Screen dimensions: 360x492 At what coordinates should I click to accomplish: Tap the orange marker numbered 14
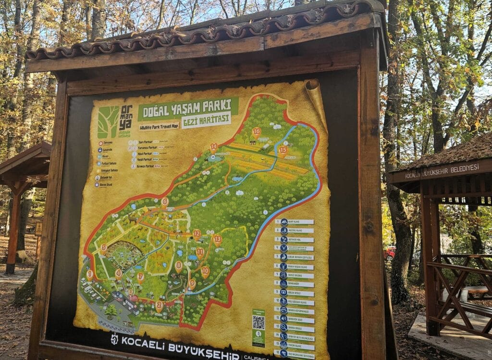213,147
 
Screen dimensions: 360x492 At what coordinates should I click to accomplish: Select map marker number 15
283,150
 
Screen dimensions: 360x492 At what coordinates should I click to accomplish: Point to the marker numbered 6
165,202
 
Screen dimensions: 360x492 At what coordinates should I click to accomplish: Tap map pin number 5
103,248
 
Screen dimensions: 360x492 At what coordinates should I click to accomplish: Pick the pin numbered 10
205,271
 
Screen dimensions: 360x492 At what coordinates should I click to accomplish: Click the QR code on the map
258,323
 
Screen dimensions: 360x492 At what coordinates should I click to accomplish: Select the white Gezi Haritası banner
206,120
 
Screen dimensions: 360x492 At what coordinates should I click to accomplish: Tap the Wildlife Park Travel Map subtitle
159,127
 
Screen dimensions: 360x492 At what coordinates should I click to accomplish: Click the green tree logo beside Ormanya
108,122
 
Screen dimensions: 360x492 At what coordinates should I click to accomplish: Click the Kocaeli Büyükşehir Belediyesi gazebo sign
442,171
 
